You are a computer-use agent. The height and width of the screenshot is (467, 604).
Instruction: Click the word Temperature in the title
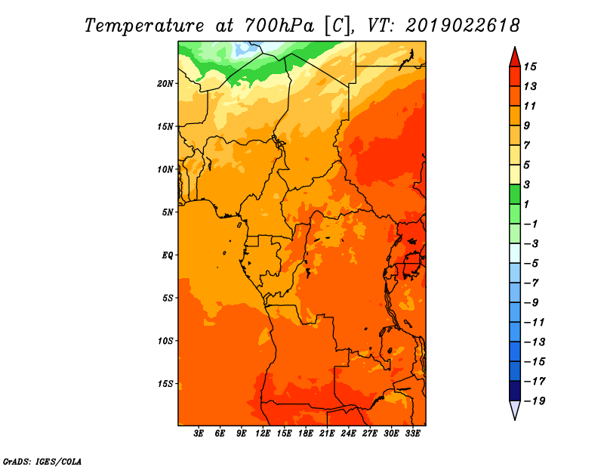[x=144, y=26]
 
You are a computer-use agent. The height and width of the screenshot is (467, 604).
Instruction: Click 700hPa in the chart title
[x=279, y=25]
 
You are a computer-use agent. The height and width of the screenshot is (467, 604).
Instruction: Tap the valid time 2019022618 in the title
[x=463, y=25]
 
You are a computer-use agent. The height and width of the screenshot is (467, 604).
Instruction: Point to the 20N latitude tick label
[x=165, y=83]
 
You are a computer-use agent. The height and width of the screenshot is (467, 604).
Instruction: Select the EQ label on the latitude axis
[x=167, y=255]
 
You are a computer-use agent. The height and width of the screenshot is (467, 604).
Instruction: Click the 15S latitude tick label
[x=165, y=384]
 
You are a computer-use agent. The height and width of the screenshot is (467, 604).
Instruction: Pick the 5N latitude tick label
[x=168, y=212]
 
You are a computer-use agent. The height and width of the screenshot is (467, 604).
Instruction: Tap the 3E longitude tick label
[x=199, y=433]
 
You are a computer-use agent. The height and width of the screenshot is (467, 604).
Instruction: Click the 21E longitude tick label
[x=327, y=433]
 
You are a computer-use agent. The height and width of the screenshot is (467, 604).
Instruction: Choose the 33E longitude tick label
[x=412, y=433]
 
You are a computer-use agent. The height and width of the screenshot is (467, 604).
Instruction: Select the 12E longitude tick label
[x=262, y=433]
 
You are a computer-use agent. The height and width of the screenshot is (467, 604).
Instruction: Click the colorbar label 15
[x=530, y=66]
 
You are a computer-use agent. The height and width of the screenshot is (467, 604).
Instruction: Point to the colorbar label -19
[x=535, y=401]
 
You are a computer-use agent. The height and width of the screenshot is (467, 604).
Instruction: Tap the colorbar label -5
[x=531, y=264]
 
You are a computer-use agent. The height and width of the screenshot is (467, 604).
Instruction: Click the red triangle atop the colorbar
[x=515, y=58]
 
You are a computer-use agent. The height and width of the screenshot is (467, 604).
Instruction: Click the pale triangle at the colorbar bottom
[x=515, y=409]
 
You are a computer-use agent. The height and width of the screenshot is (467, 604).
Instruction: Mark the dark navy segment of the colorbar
[x=515, y=391]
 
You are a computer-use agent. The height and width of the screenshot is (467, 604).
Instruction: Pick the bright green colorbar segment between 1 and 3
[x=515, y=194]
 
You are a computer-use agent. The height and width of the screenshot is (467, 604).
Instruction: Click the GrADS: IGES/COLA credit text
[x=42, y=461]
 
